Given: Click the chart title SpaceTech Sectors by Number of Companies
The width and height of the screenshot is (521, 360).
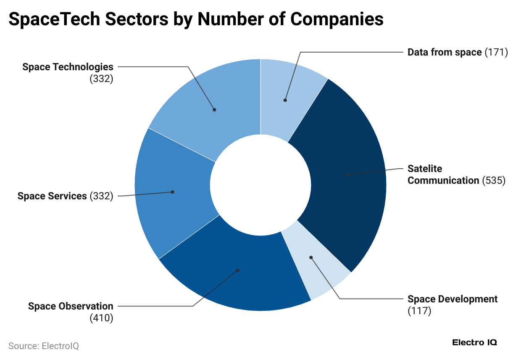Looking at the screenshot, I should pos(196,20).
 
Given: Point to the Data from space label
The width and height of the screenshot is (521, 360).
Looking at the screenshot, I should pos(445,52).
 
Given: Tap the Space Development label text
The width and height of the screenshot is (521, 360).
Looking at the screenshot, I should pos(453,299).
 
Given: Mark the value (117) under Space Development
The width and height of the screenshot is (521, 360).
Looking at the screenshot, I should pos(419,311).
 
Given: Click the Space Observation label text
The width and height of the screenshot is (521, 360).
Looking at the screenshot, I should pos(71,306).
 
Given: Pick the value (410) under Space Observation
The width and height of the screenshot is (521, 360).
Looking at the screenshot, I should pos(101,318).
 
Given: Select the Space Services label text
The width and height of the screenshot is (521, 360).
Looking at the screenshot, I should pos(52,196).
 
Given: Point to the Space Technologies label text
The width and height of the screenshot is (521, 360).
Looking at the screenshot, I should pos(68,66).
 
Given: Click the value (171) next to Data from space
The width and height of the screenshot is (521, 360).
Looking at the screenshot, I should pos(496,52).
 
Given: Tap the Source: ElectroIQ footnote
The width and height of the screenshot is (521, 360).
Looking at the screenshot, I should pos(44,346).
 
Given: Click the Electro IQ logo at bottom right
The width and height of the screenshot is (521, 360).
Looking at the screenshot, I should pos(474,342).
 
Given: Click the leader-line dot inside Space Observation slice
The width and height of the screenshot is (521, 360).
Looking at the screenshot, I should pos(237,270).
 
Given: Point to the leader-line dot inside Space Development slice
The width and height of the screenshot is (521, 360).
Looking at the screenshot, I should pos(311,257).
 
